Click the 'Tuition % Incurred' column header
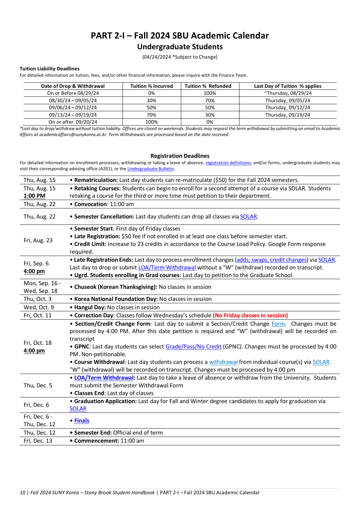point(151,86)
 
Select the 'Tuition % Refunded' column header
point(208,86)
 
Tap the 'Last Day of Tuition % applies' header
point(287,86)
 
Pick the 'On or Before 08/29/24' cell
point(73,93)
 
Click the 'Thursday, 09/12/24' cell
point(287,108)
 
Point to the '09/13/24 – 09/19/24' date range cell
point(73,115)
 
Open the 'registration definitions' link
point(228,163)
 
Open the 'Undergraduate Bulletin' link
point(150,169)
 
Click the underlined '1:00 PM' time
point(34,196)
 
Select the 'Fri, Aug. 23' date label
point(38,240)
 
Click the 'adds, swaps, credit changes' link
point(272,260)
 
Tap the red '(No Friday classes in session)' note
point(250,316)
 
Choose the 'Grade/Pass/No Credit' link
point(193,347)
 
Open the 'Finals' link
point(82,421)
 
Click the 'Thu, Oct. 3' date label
point(38,299)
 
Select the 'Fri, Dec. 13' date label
point(38,441)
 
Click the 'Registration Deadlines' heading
point(180,156)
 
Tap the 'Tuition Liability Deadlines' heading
point(50,69)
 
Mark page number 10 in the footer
point(22,493)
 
